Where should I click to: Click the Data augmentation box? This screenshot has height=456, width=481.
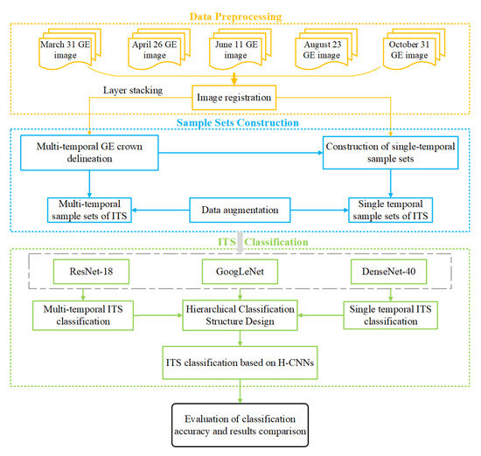[x=241, y=211]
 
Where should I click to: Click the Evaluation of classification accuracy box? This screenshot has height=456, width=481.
[x=240, y=424]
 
